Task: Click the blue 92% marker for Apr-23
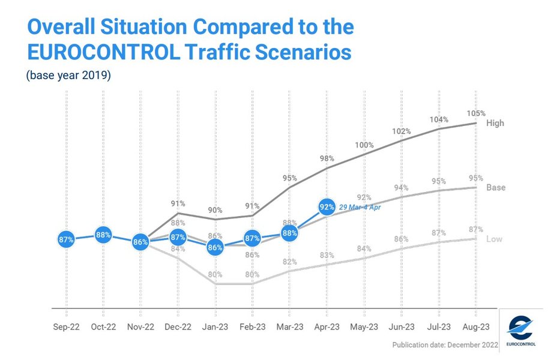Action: (x=327, y=208)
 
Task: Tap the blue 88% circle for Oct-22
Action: (x=103, y=235)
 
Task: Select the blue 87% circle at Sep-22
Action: (x=66, y=239)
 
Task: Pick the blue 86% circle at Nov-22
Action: (x=140, y=242)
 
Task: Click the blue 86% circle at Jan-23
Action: (x=215, y=247)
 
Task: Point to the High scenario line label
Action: (x=495, y=123)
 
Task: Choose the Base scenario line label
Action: (x=496, y=187)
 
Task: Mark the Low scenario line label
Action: (x=494, y=239)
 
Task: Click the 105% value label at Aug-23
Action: (x=476, y=113)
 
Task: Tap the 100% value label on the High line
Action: (x=364, y=145)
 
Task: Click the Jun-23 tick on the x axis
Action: (x=402, y=326)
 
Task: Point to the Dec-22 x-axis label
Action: (x=178, y=326)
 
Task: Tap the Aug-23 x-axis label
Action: (x=476, y=326)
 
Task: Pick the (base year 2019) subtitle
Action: (x=68, y=76)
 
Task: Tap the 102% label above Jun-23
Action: (x=401, y=131)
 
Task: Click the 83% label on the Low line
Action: (x=327, y=255)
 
